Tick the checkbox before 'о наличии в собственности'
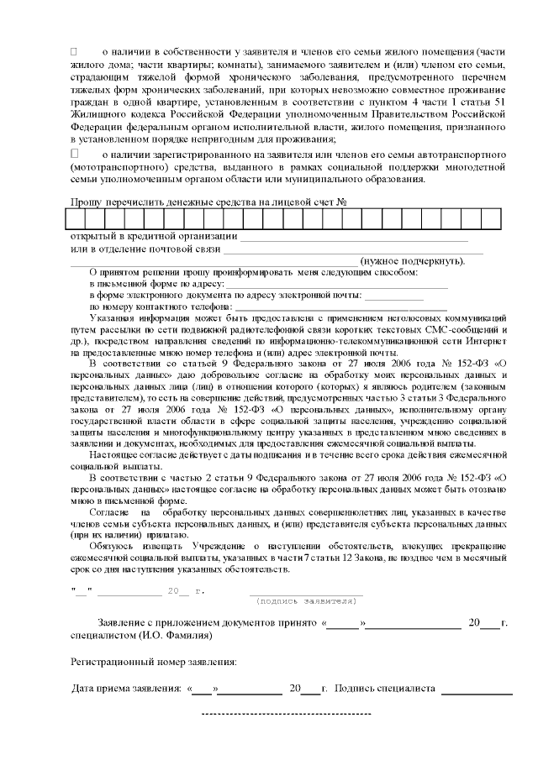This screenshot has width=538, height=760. click(74, 53)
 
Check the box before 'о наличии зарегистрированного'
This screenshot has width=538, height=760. click(74, 155)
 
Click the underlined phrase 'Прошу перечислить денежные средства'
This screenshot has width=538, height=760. click(161, 202)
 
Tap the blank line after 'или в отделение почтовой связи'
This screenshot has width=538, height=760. click(353, 251)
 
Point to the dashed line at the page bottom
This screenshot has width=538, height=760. click(287, 713)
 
